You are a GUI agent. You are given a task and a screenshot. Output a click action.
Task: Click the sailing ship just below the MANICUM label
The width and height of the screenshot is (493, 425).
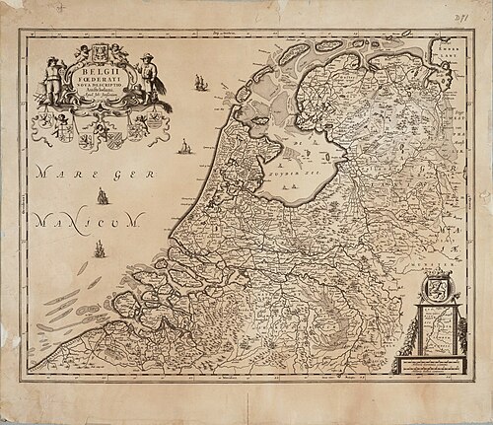click(x=98, y=250)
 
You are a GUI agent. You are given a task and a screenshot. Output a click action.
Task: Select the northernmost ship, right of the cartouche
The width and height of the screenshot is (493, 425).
click(x=200, y=80)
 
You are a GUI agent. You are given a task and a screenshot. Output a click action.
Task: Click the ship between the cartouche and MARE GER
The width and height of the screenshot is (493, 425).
click(x=181, y=149)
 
